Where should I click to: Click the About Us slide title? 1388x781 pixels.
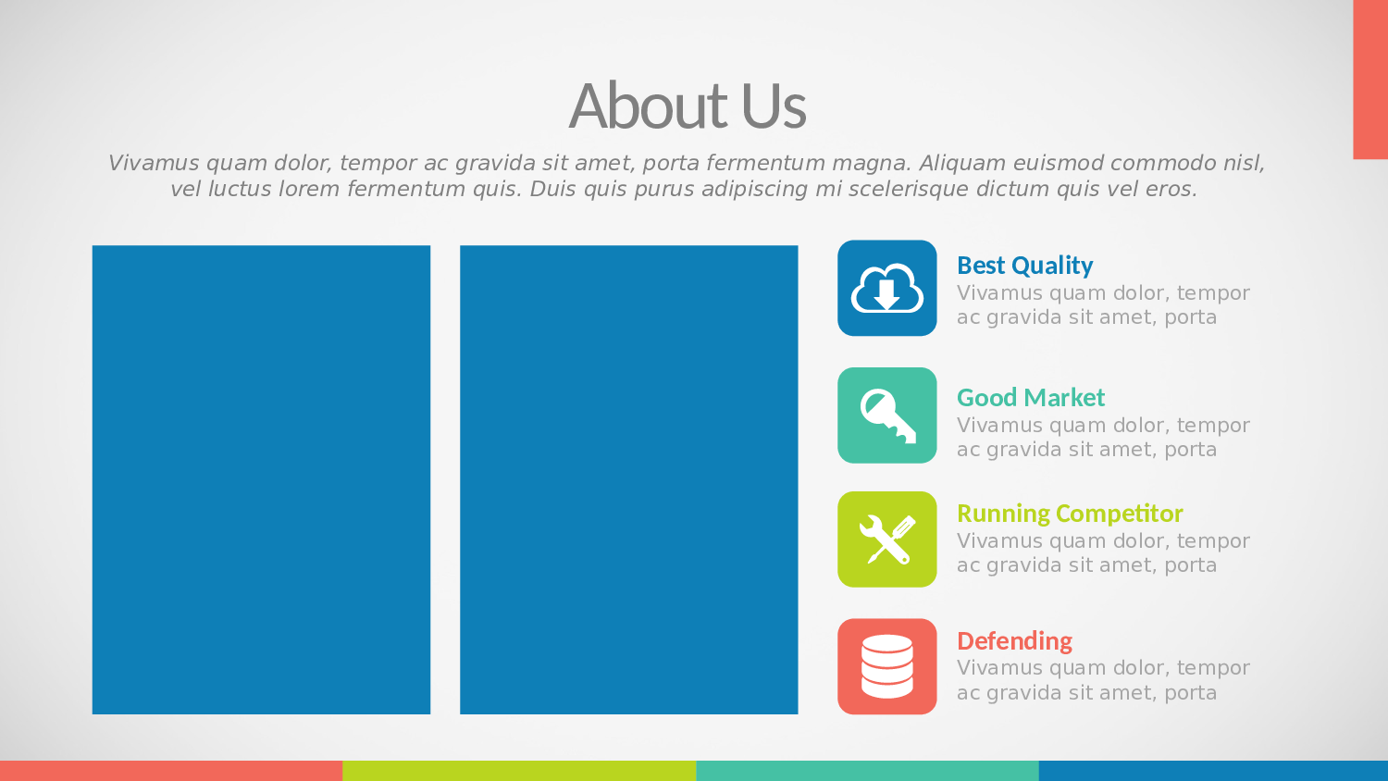click(x=688, y=105)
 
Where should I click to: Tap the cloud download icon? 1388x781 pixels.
click(x=886, y=288)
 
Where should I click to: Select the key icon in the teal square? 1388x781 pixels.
click(x=888, y=415)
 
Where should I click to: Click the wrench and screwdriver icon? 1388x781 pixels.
click(x=887, y=539)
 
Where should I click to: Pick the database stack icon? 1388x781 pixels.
click(x=886, y=666)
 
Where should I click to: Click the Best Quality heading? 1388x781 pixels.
click(x=1025, y=266)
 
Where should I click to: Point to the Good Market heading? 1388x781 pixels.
click(x=1031, y=397)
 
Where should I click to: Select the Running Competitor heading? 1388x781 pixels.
click(x=1070, y=514)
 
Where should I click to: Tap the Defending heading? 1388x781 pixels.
click(x=1014, y=641)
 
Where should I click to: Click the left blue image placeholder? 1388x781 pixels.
click(x=261, y=479)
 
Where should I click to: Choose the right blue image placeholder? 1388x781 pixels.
click(x=628, y=479)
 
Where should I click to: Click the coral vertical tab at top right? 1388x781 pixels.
click(x=1370, y=80)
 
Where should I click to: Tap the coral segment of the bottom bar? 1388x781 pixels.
click(x=171, y=771)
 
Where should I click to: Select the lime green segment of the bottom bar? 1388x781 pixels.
click(x=519, y=771)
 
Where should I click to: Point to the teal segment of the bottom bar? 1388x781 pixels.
click(x=868, y=771)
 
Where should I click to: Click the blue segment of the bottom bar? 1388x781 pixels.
click(x=1213, y=771)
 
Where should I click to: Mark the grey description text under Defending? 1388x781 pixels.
click(x=1103, y=680)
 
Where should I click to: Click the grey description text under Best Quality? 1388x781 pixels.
click(x=1103, y=305)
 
